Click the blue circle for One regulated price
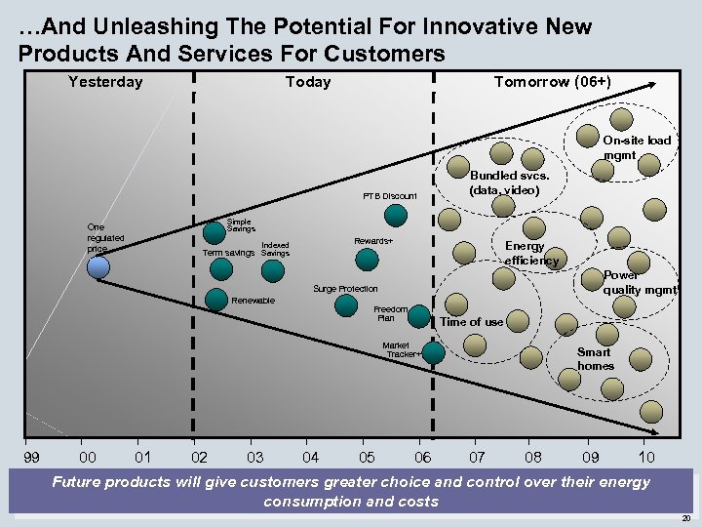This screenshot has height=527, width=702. pos(97,266)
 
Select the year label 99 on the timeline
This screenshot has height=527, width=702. pos(32,457)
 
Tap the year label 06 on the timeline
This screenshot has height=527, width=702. pos(422,457)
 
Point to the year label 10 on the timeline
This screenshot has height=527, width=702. pos(646,457)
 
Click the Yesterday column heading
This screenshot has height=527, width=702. pos(105,82)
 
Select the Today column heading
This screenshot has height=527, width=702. pos(308,82)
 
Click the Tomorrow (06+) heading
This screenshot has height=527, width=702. pos(552,81)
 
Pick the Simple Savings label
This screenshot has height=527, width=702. pos(241,225)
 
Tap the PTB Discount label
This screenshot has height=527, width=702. pos(389,196)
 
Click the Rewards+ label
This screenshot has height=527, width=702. pos(373,241)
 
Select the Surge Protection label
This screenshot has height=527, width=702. pos(344,289)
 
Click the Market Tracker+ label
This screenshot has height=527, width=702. pos(401,349)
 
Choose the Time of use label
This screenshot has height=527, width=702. pos(472,322)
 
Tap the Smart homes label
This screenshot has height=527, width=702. pos(595,359)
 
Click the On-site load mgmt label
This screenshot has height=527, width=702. pos(636,147)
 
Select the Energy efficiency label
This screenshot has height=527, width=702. pos(531,254)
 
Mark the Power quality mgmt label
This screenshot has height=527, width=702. pos(639,282)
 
